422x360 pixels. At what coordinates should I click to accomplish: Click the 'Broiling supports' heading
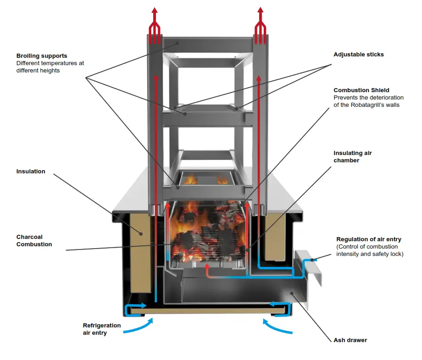[x=41, y=56]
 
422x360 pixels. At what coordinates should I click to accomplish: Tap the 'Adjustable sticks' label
[x=358, y=55]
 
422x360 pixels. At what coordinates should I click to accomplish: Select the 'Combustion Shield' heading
[x=361, y=90]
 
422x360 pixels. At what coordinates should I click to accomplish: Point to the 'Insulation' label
[x=31, y=172]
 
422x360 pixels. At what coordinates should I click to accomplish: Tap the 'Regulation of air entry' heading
[x=368, y=239]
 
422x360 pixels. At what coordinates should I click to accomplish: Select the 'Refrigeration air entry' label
[x=101, y=329]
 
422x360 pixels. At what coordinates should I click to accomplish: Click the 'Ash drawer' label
[x=350, y=340]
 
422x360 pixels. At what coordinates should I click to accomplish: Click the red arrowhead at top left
[x=155, y=11]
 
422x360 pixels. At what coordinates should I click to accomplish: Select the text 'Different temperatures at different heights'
[x=50, y=67]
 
